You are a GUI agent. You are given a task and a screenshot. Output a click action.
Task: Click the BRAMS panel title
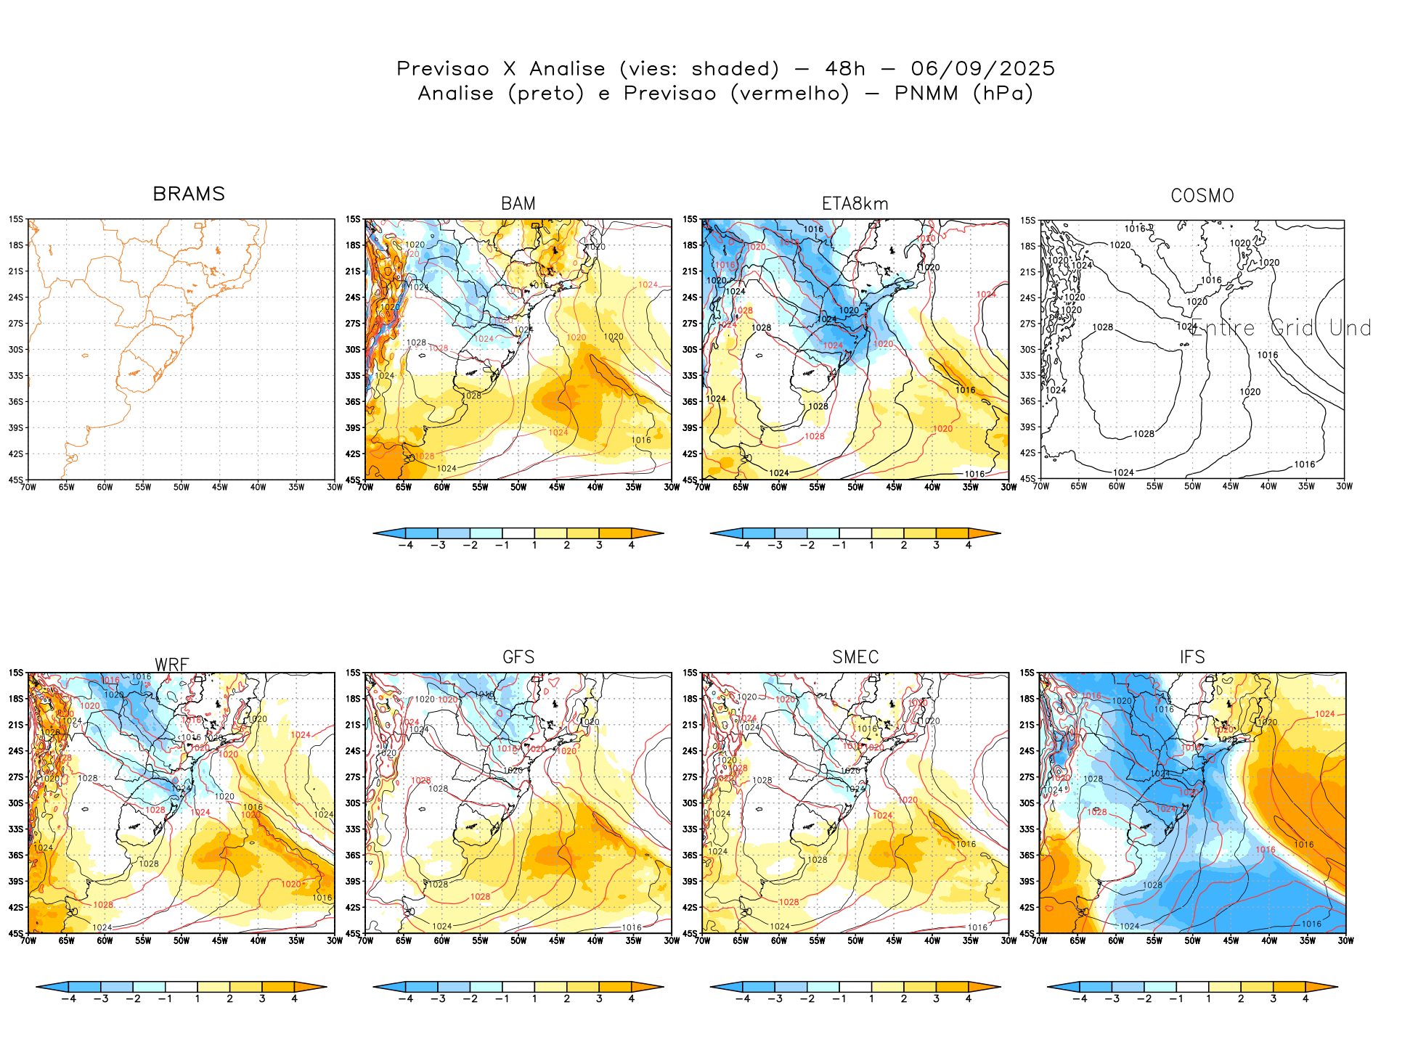tap(189, 194)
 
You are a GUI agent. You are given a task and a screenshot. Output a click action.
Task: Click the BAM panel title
tap(518, 204)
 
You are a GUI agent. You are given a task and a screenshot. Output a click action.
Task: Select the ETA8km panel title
tap(855, 204)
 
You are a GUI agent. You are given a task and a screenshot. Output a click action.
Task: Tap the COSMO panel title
tap(1202, 196)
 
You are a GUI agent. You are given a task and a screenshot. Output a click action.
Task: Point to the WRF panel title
tap(172, 665)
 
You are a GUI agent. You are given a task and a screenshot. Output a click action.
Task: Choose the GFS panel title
tap(518, 657)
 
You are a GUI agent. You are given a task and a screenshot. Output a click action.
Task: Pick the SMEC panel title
tap(855, 657)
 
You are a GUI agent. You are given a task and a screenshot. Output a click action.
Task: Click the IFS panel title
tap(1192, 657)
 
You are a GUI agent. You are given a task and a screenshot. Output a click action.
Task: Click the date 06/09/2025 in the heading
tap(982, 69)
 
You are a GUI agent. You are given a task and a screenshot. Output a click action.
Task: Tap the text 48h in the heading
tap(845, 69)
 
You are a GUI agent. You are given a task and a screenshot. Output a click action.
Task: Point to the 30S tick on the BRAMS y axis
tap(16, 350)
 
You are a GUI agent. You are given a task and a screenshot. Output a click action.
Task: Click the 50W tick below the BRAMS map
tap(181, 488)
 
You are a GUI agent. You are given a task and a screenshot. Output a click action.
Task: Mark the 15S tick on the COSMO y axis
tap(1028, 221)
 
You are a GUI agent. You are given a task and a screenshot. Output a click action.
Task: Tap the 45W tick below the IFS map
tap(1231, 941)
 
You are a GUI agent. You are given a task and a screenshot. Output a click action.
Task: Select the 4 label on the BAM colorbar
tap(632, 546)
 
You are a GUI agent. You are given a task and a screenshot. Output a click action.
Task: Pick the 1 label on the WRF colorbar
tap(197, 999)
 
